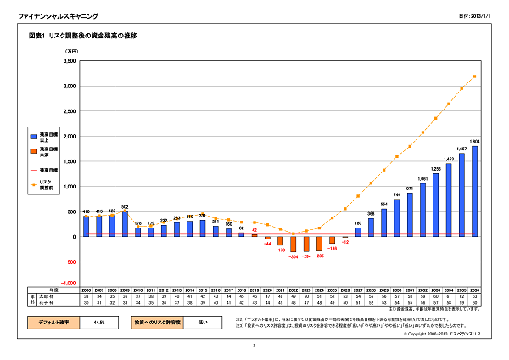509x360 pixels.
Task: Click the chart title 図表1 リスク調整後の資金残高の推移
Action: tap(82, 37)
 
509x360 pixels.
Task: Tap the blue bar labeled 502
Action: tap(125, 224)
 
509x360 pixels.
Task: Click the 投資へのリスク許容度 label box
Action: tap(158, 323)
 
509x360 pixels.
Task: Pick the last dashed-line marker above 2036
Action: tap(474, 76)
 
